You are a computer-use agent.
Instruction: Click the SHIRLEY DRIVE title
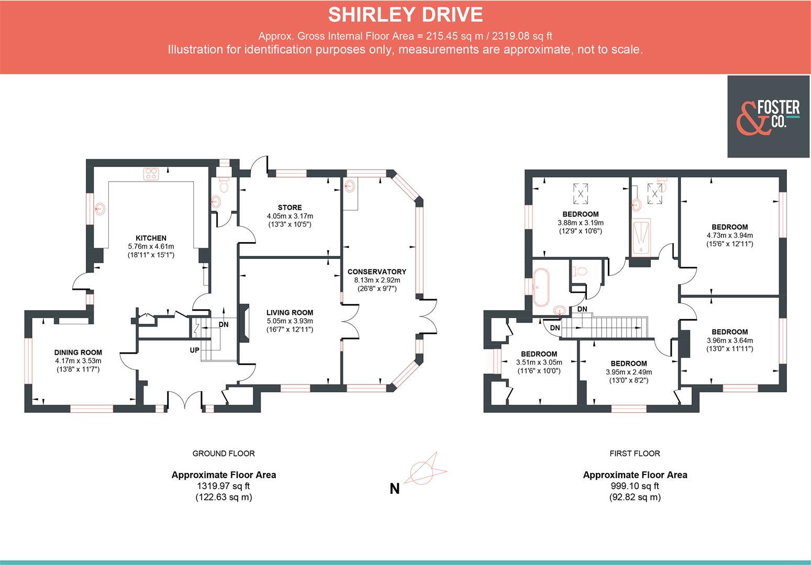click(x=405, y=15)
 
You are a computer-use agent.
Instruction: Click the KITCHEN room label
click(x=151, y=238)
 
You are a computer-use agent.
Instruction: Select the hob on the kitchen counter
click(x=151, y=174)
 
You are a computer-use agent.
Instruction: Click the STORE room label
click(x=290, y=208)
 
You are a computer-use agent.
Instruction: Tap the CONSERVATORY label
click(x=376, y=272)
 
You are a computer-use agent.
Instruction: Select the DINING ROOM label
click(x=78, y=353)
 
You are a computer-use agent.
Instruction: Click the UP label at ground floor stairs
click(x=194, y=350)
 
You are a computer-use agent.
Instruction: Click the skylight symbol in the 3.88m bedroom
click(x=581, y=193)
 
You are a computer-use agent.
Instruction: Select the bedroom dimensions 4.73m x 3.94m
click(x=729, y=235)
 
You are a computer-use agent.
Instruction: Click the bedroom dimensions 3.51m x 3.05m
click(x=539, y=363)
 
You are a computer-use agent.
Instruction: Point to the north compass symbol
click(x=427, y=468)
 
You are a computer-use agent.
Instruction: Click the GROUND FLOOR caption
click(x=224, y=454)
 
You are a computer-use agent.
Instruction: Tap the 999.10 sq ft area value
click(x=635, y=486)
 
